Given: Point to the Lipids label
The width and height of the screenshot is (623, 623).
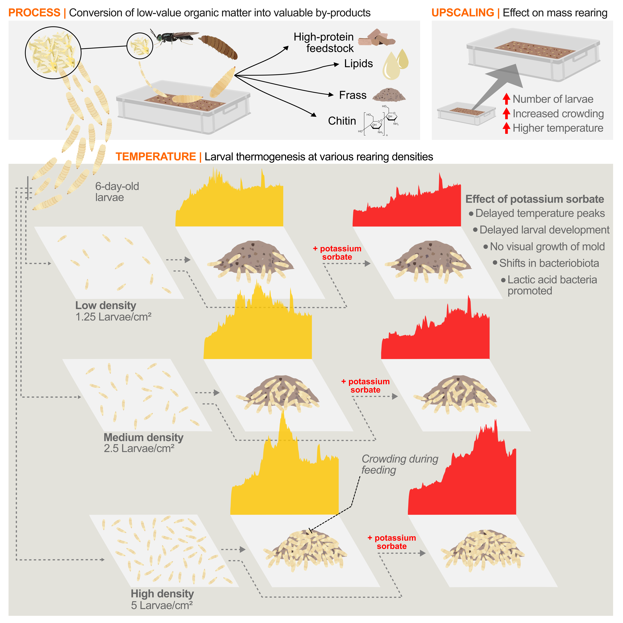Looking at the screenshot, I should [x=358, y=64].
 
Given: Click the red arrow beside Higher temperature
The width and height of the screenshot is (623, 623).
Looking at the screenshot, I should [x=506, y=128].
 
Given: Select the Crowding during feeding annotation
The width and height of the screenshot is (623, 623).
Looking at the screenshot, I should [x=400, y=464].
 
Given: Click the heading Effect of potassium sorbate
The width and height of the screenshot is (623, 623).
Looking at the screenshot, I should [x=534, y=199].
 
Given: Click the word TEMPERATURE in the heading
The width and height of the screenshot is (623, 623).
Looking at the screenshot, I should [x=156, y=157].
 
